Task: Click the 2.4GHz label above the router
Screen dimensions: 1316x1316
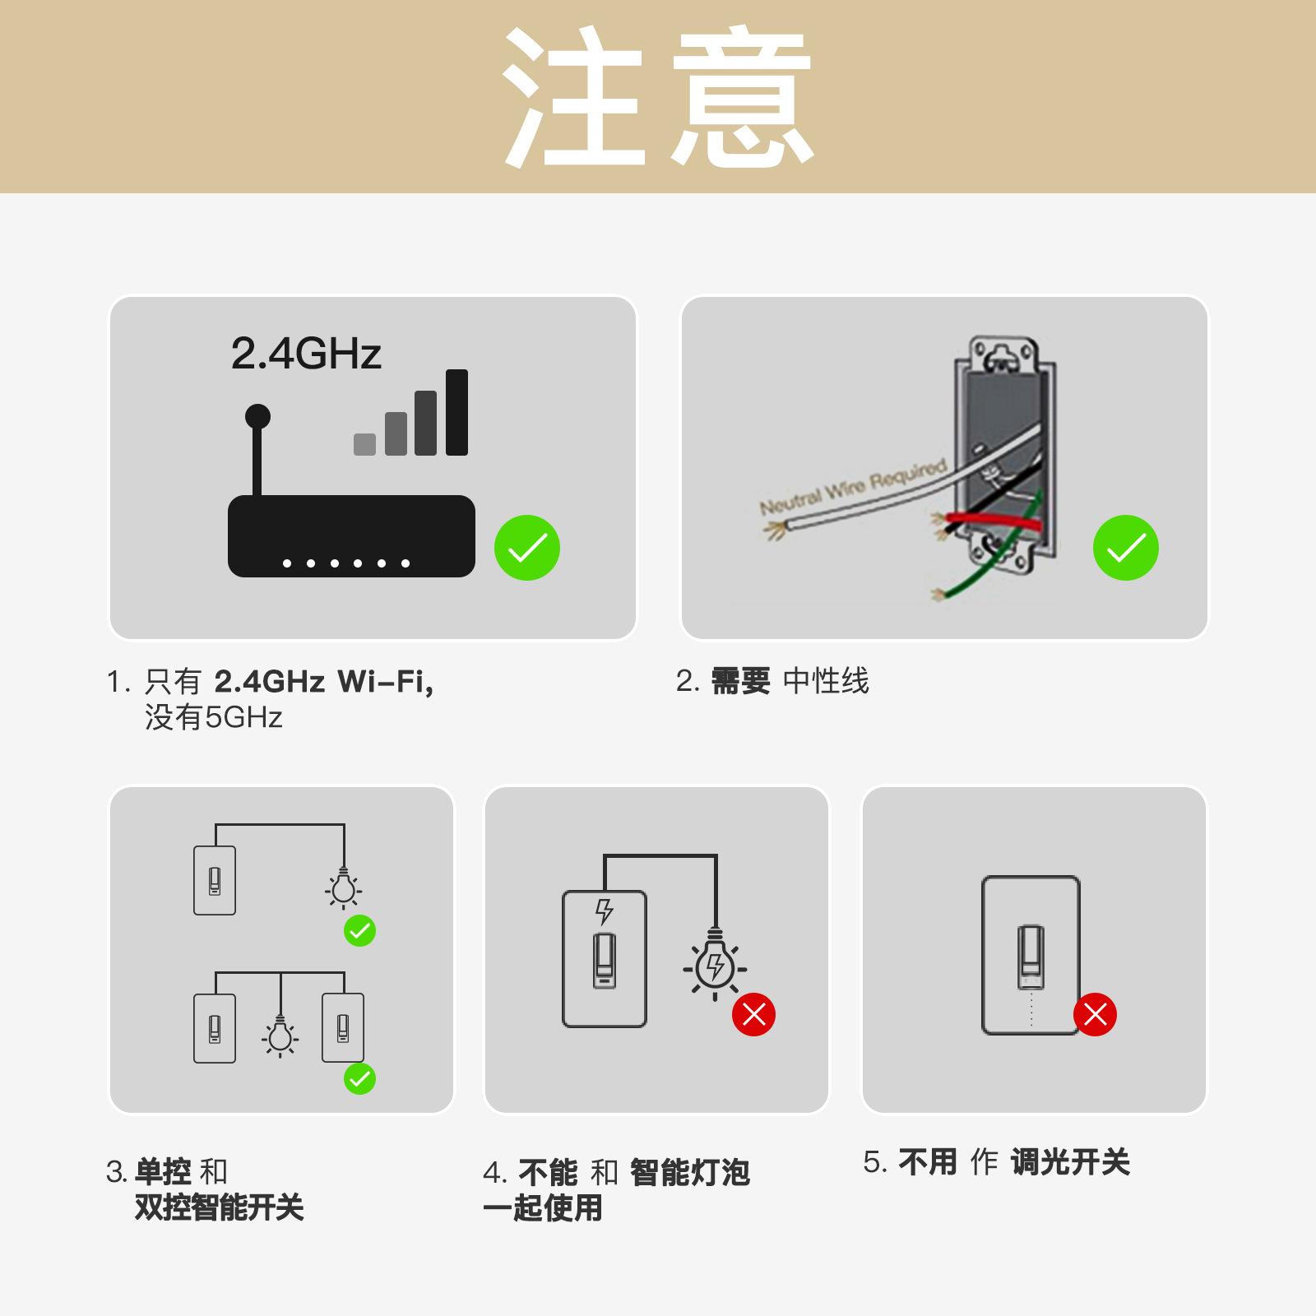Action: pos(306,354)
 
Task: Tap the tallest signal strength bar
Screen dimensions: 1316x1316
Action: pos(456,412)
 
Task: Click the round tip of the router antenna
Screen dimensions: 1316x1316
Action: pos(257,416)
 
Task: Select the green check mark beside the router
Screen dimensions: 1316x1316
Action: pos(526,548)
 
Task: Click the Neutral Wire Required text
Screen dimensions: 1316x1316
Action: pos(852,487)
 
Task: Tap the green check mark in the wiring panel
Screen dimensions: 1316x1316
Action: pos(1125,548)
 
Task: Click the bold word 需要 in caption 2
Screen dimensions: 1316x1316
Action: pos(740,681)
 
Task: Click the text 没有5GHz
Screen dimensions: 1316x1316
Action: pos(214,718)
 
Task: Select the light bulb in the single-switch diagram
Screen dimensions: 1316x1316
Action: pos(343,888)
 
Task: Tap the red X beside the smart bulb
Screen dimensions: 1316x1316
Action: pos(753,1014)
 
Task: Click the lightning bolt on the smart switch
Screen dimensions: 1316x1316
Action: pos(605,911)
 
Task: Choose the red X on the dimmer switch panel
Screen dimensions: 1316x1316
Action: pos(1095,1014)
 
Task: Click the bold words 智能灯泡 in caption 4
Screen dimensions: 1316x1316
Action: pos(690,1172)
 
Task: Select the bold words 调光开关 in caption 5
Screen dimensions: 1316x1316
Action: pos(1070,1162)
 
